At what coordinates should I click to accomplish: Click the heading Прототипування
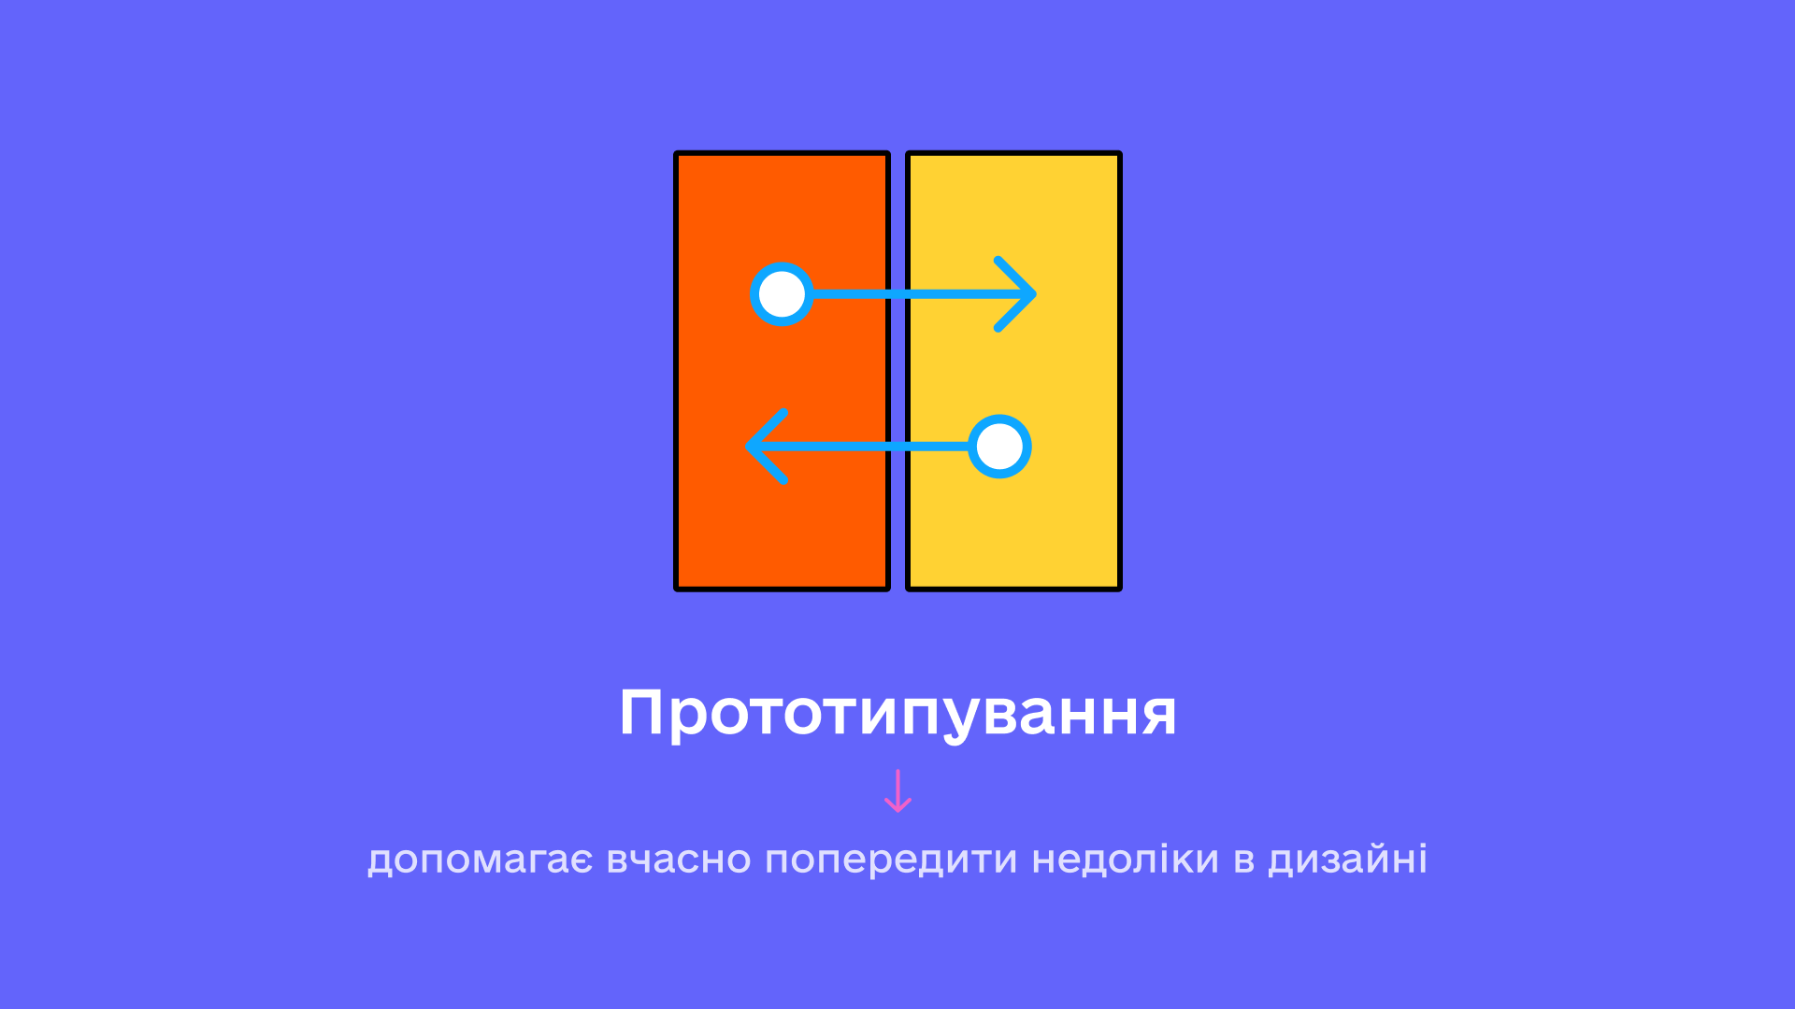point(897,715)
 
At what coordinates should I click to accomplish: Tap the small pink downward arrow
point(897,790)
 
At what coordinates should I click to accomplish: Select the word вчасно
point(679,860)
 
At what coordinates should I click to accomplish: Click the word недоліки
point(1125,860)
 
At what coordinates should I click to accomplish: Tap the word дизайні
point(1347,860)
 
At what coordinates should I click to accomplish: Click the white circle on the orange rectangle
point(782,294)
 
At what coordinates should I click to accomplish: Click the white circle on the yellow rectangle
point(999,447)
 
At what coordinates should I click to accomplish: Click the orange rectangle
point(782,371)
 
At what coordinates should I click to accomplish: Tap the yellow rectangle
point(1013,371)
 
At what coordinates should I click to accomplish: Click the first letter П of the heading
point(644,714)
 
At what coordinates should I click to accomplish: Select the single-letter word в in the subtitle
point(1243,860)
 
